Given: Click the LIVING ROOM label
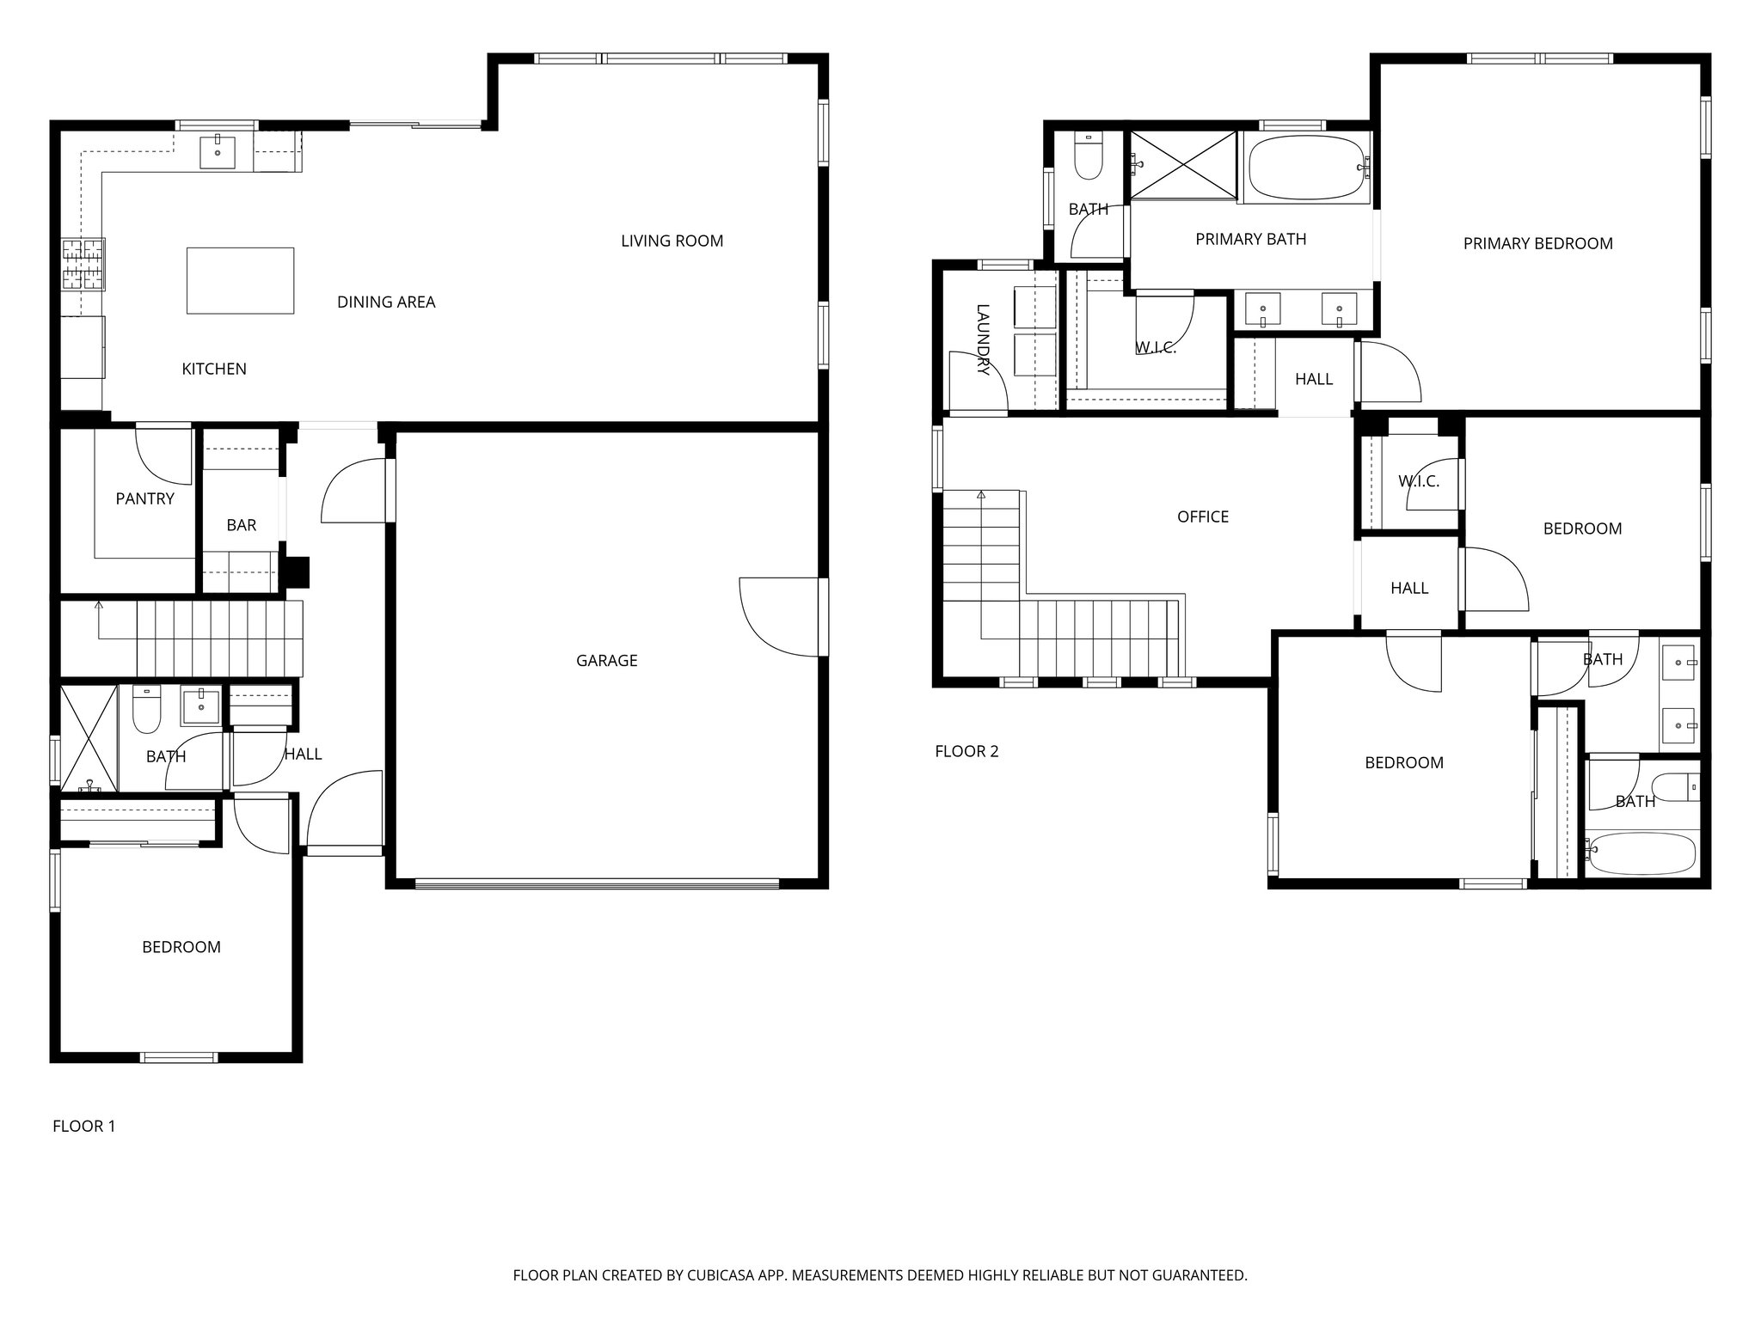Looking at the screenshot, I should coord(672,241).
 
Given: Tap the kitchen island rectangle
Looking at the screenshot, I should coord(240,280).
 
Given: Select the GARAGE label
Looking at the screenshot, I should coord(606,660).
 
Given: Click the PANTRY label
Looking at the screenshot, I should coord(144,498).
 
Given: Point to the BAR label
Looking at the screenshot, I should coord(241,525).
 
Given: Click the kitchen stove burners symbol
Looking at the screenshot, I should coord(83,264).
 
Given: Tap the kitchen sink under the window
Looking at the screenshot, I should coord(218,151).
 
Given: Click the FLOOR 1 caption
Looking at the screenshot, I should coord(83,1126).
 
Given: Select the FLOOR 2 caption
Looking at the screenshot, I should coord(966,751).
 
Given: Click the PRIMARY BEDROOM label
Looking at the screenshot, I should coord(1537,243).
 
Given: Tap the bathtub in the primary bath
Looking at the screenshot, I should coord(1305,168).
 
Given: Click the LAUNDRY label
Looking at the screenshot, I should coord(984,339).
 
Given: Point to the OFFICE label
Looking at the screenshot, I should coord(1202,516).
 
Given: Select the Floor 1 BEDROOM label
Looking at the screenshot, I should coord(181,947).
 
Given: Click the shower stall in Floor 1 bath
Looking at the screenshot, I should coord(89,737).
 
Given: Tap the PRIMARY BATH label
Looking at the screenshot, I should coord(1250,239).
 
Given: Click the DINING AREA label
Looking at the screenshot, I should coord(386,302).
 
